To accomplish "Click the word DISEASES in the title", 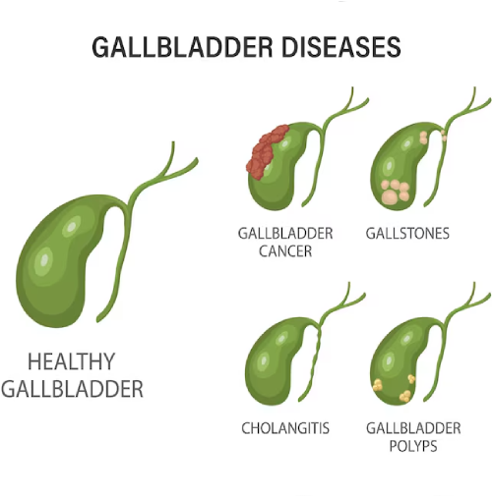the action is pyautogui.click(x=341, y=46).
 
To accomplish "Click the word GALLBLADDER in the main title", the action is pyautogui.click(x=182, y=46).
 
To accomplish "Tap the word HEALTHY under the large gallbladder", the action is pyautogui.click(x=72, y=361).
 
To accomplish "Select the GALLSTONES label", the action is pyautogui.click(x=407, y=234).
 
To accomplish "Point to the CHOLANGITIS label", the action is pyautogui.click(x=285, y=428).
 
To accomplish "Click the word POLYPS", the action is pyautogui.click(x=413, y=446).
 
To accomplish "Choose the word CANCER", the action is pyautogui.click(x=285, y=251).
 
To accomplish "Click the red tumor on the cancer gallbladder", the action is pyautogui.click(x=267, y=150).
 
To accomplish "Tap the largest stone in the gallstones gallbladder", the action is pyautogui.click(x=390, y=196).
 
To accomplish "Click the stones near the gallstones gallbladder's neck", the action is pyautogui.click(x=424, y=138).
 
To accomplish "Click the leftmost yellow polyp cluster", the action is pyautogui.click(x=378, y=385).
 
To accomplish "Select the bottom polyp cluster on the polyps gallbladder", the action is pyautogui.click(x=405, y=396).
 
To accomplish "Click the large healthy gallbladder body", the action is pyautogui.click(x=57, y=262).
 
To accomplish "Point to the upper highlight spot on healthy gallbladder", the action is pyautogui.click(x=71, y=226).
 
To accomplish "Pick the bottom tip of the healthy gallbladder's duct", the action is pyautogui.click(x=98, y=320).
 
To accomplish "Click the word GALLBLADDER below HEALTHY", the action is pyautogui.click(x=72, y=389).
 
